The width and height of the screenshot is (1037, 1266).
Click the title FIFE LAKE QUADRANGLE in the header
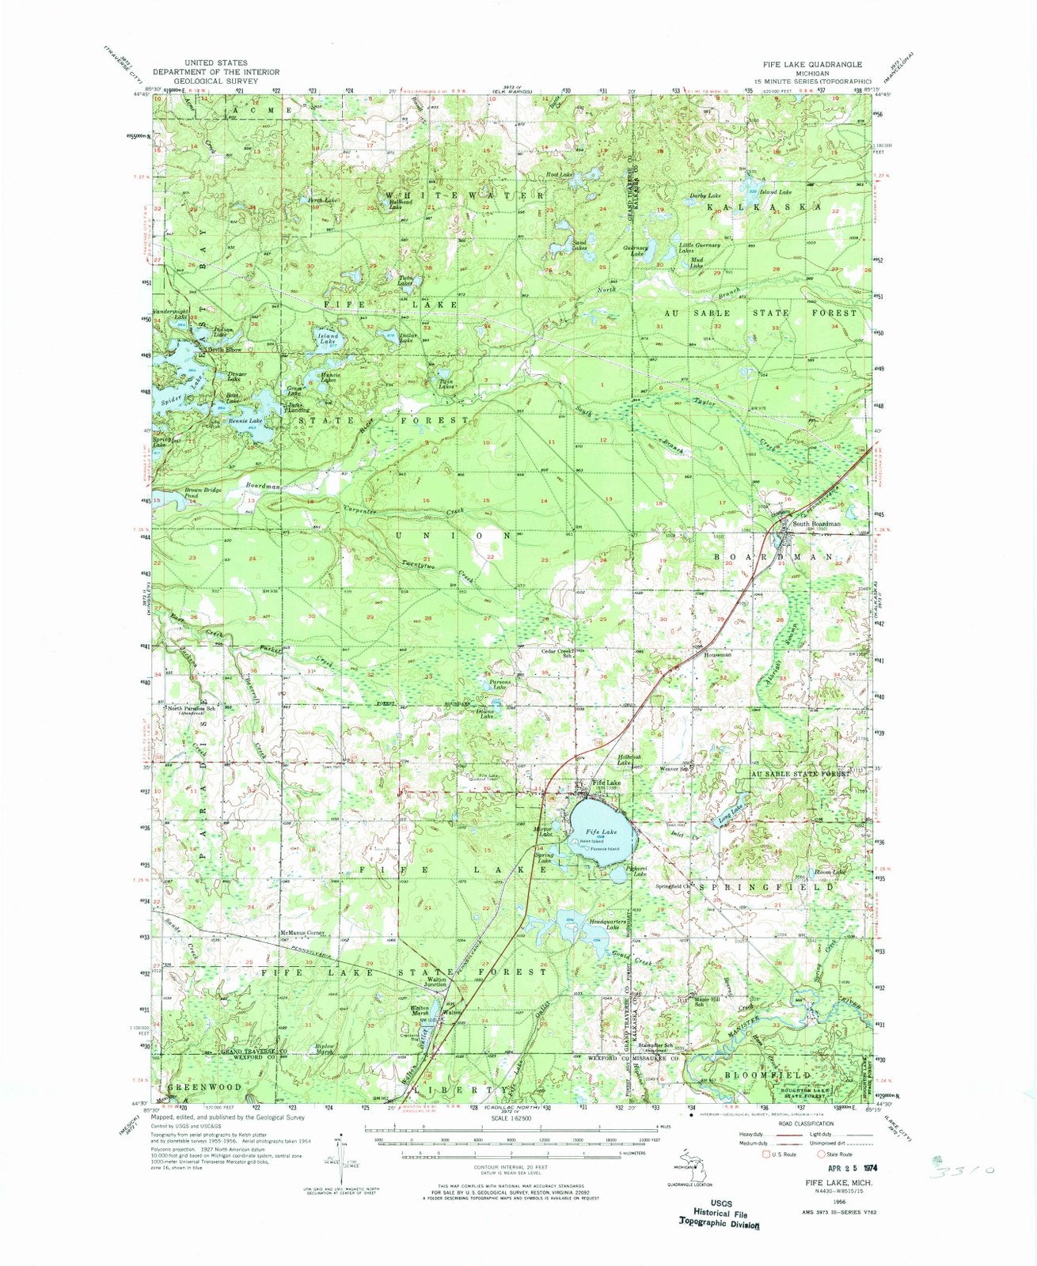tap(812, 63)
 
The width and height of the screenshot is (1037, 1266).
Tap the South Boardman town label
tap(811, 524)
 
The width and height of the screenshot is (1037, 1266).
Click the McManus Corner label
tap(302, 933)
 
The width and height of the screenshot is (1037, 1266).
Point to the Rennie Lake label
tap(245, 421)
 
